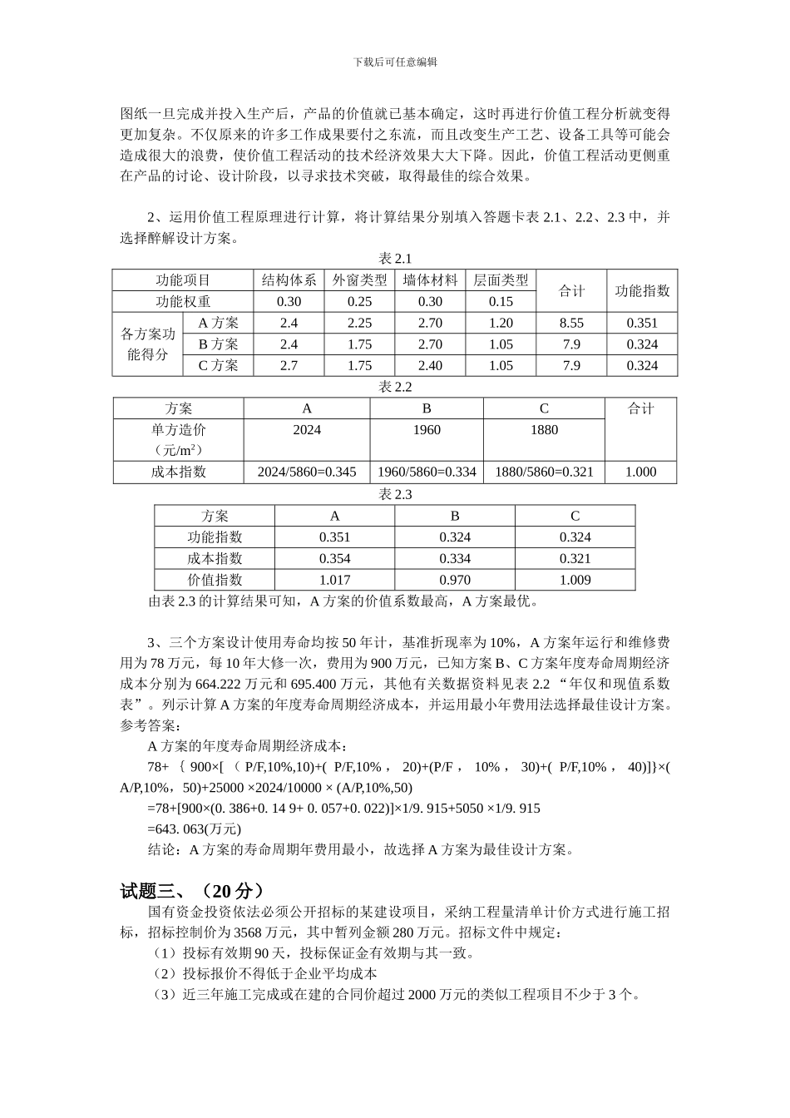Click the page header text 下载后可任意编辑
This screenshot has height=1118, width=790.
click(395, 62)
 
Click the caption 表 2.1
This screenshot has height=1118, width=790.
click(395, 260)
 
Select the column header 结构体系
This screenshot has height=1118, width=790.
click(289, 280)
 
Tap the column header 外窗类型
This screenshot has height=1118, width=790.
click(359, 280)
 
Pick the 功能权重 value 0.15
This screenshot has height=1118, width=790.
click(501, 302)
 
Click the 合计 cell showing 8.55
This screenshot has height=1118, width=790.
click(571, 324)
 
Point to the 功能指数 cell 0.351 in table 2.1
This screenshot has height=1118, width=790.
click(642, 324)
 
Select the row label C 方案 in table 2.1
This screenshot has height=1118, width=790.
click(218, 366)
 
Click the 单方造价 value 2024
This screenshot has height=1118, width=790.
click(307, 430)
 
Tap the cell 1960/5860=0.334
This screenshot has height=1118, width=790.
click(427, 472)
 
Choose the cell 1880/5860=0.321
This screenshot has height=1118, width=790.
click(544, 472)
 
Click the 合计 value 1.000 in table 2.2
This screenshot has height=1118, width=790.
click(640, 472)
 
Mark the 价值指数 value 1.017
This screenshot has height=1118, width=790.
click(334, 581)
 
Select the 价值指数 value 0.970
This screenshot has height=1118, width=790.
click(455, 581)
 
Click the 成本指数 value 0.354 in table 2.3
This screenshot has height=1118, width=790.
click(334, 559)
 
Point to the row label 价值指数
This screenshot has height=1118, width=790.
click(215, 581)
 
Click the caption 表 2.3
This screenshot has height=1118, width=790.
click(395, 495)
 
